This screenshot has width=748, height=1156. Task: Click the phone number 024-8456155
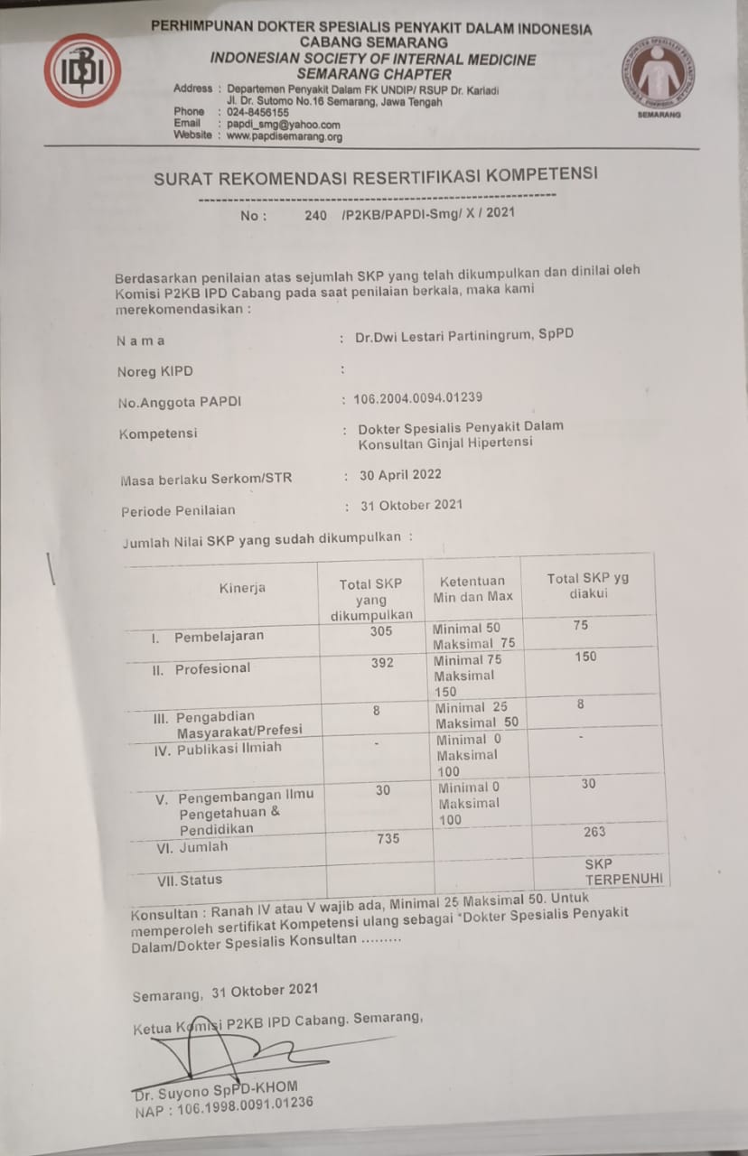pyautogui.click(x=257, y=113)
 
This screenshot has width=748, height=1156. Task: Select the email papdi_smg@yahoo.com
pyautogui.click(x=283, y=125)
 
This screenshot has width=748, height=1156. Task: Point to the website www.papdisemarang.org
pyautogui.click(x=284, y=136)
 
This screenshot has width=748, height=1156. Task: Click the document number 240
pyautogui.click(x=316, y=216)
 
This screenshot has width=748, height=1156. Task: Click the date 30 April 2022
pyautogui.click(x=401, y=475)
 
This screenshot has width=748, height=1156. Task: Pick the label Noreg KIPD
pyautogui.click(x=154, y=372)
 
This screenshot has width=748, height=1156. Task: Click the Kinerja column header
pyautogui.click(x=242, y=588)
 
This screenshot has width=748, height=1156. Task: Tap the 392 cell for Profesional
pyautogui.click(x=382, y=663)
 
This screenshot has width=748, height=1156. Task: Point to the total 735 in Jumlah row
pyautogui.click(x=388, y=839)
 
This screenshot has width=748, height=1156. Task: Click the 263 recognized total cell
pyautogui.click(x=594, y=832)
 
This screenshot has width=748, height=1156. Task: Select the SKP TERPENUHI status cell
pyautogui.click(x=623, y=871)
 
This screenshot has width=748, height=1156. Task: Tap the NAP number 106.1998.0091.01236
pyautogui.click(x=223, y=1102)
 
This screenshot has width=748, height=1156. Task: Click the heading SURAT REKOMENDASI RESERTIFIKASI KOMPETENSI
pyautogui.click(x=375, y=175)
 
